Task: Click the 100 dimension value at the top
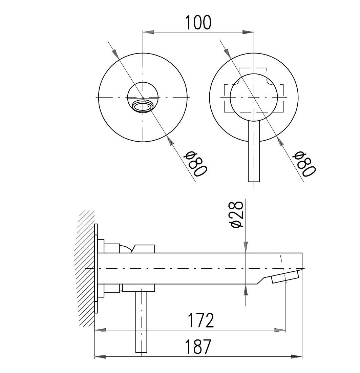(197, 22)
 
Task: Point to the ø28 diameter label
(237, 215)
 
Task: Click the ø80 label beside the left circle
(195, 164)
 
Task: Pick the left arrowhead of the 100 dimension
(148, 32)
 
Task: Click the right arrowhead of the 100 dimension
(248, 32)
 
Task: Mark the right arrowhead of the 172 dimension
(280, 330)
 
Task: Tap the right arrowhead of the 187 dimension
(296, 356)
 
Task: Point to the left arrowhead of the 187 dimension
(101, 356)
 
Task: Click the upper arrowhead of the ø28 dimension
(246, 247)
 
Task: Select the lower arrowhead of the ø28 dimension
(246, 290)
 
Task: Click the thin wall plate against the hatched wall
(96, 269)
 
